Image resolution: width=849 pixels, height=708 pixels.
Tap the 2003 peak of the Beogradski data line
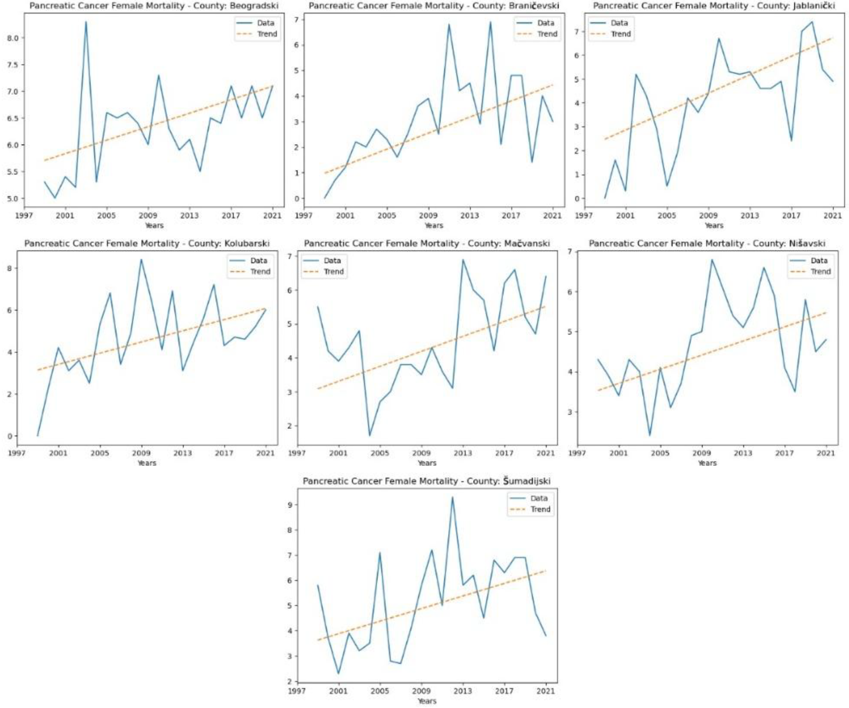pyautogui.click(x=86, y=22)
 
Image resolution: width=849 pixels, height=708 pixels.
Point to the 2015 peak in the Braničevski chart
pyautogui.click(x=490, y=22)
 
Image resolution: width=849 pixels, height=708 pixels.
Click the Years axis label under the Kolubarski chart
pyautogui.click(x=146, y=463)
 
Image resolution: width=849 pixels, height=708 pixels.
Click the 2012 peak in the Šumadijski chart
pyautogui.click(x=452, y=497)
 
